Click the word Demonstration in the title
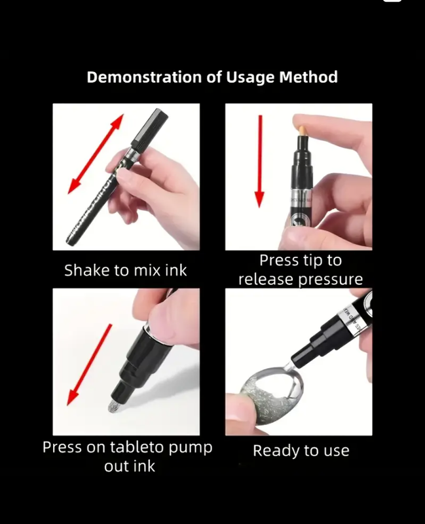144,77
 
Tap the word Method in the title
308,77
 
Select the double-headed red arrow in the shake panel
96,154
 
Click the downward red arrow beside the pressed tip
259,161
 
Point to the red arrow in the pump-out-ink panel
89,365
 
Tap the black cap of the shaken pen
150,130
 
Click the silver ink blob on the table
113,406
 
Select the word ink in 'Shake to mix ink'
176,270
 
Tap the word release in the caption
266,280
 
